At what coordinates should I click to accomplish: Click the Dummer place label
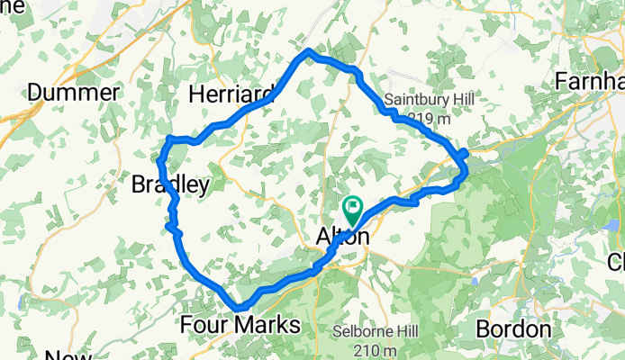tap(74, 92)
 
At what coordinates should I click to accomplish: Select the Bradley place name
tap(170, 185)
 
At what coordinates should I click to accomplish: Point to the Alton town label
tap(342, 237)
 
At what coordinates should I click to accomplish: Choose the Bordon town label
tap(512, 328)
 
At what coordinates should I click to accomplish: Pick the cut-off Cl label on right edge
tap(617, 263)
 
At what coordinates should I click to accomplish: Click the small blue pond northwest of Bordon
tap(475, 281)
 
